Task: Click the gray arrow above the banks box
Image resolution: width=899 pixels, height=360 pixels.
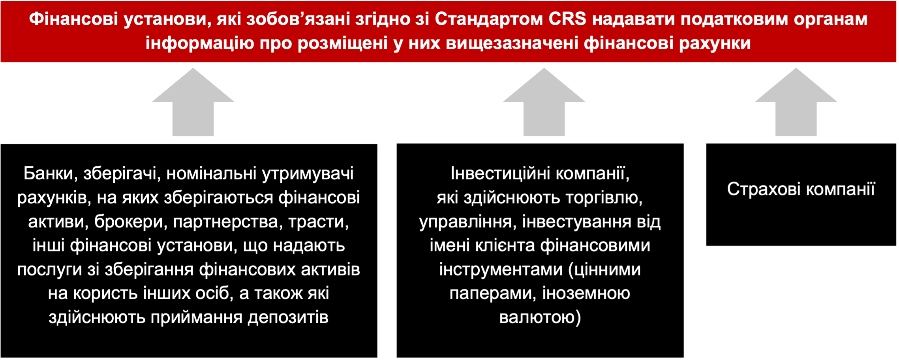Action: pyautogui.click(x=193, y=102)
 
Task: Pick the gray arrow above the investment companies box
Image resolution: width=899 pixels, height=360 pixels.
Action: pyautogui.click(x=544, y=102)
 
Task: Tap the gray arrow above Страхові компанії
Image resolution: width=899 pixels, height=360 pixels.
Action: pyautogui.click(x=796, y=102)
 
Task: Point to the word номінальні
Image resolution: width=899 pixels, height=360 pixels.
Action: pyautogui.click(x=212, y=173)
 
